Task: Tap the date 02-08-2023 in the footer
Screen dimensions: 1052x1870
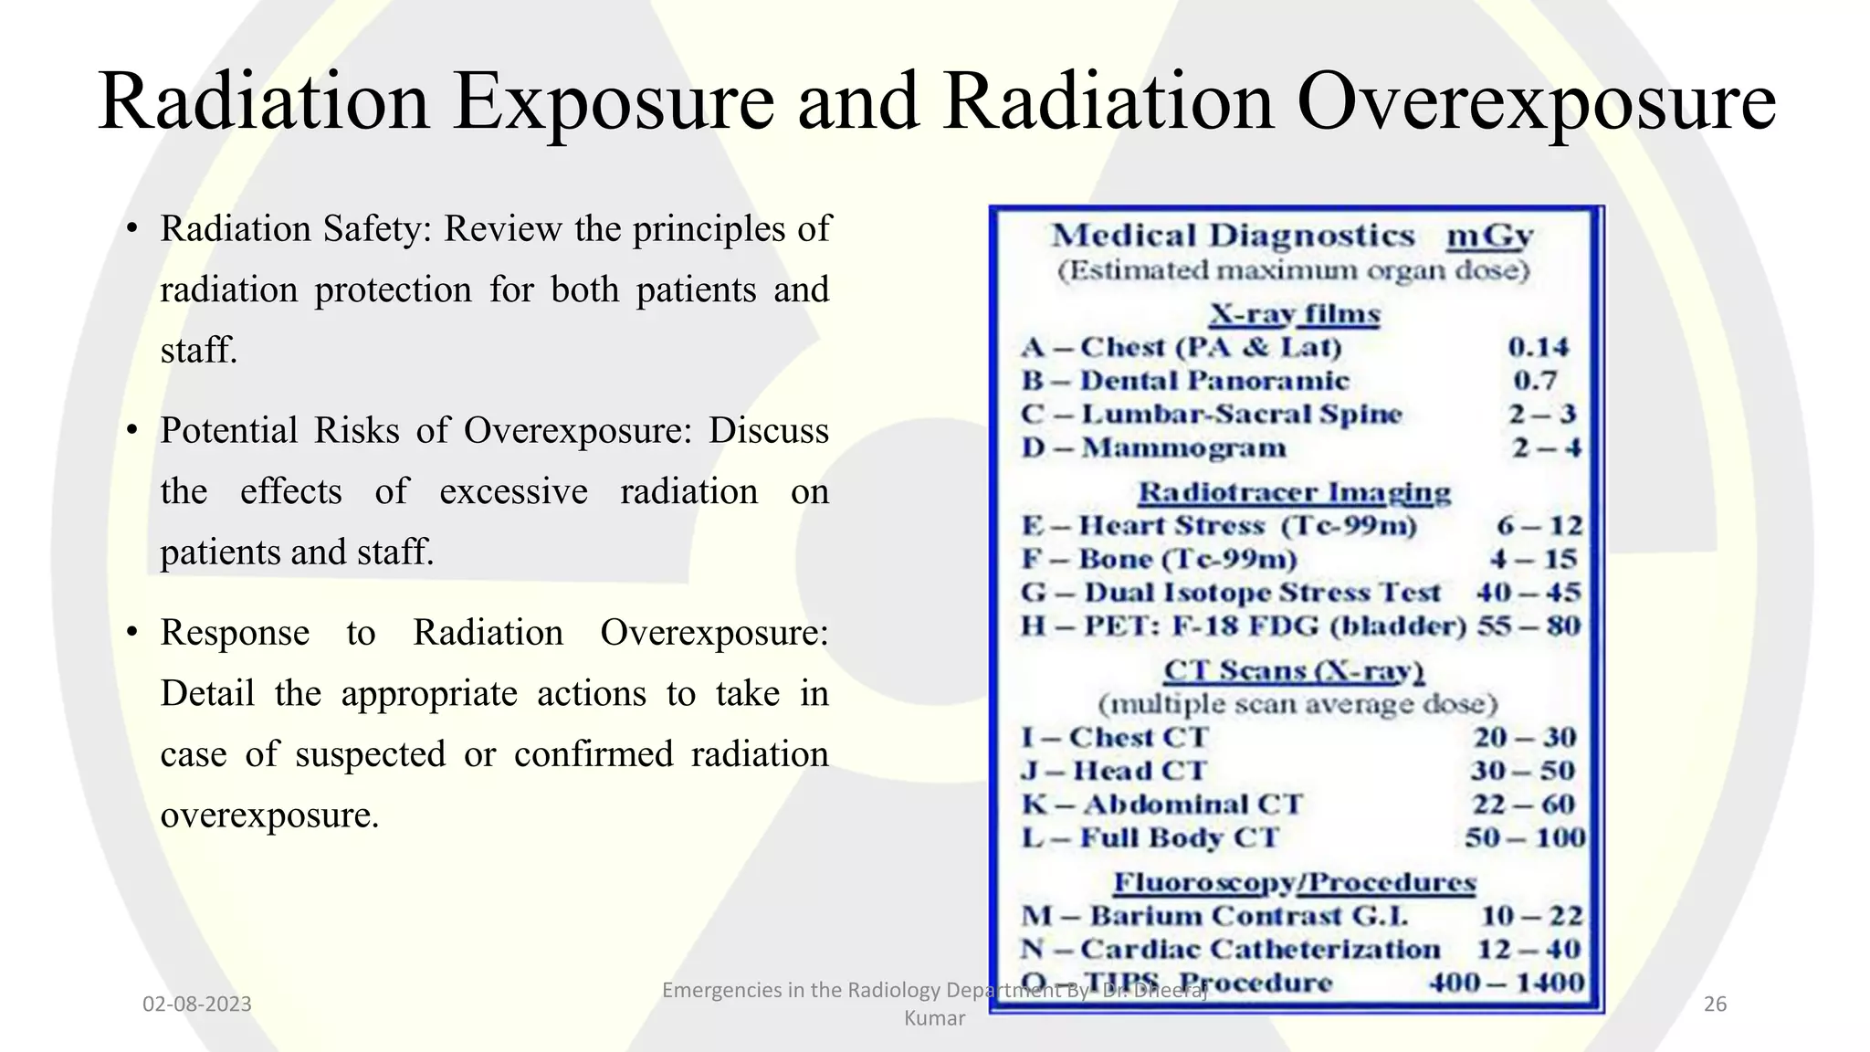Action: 196,1005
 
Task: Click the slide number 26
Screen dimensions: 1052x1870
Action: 1715,1005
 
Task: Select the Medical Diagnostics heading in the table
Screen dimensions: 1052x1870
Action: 1233,236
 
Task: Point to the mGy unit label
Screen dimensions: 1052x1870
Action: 1489,236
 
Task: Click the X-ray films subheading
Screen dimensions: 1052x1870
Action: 1295,314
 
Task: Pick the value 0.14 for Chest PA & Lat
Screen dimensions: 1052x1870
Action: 1538,347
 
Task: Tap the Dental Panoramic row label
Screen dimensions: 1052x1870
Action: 1214,381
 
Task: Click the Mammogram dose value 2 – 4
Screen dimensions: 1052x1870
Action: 1546,448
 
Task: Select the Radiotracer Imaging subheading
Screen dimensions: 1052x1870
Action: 1294,492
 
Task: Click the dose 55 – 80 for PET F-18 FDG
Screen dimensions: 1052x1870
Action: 1529,626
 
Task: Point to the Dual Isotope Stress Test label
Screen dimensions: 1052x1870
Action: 1262,593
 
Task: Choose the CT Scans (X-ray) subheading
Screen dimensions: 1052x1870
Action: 1294,670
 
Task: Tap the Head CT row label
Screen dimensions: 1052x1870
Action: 1140,771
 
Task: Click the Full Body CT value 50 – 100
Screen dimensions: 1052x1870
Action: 1525,838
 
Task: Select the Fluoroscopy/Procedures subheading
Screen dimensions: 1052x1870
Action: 1294,882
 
